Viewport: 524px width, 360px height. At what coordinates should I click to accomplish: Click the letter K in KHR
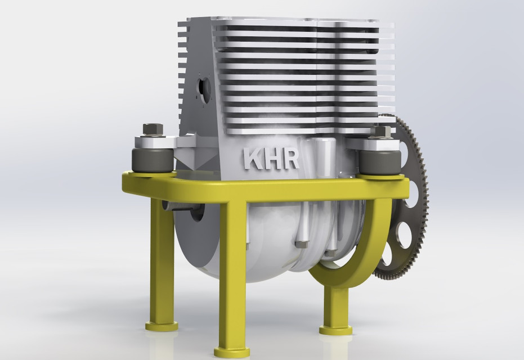coord(251,159)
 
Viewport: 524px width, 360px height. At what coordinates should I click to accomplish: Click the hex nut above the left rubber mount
coord(152,129)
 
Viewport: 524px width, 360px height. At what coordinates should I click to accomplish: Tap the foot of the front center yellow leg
coord(232,352)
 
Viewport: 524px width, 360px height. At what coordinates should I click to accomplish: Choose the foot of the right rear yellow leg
coord(336,328)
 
